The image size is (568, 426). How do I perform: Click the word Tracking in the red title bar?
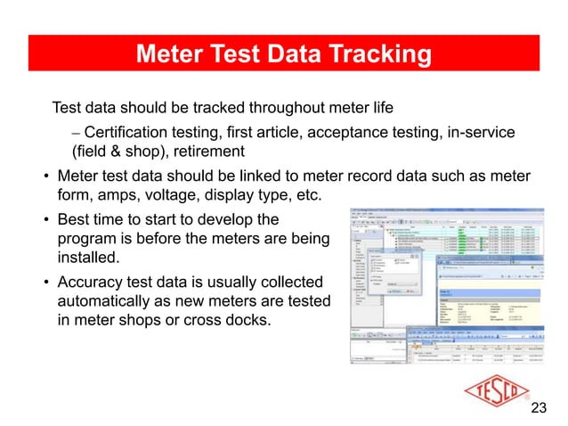click(375, 55)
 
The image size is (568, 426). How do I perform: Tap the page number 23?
click(538, 409)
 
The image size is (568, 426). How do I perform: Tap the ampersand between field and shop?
click(110, 152)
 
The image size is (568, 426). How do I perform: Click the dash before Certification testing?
click(77, 132)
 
